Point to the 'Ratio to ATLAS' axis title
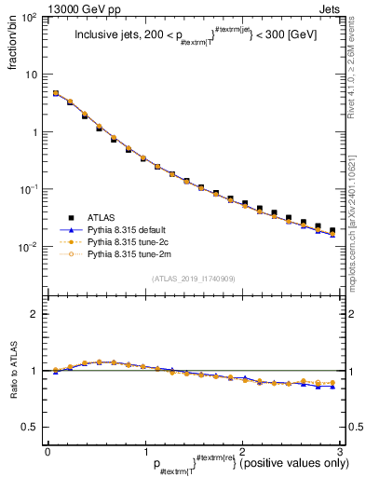click(x=17, y=374)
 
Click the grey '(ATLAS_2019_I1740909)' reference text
click(x=192, y=279)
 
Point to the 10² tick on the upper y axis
click(x=30, y=17)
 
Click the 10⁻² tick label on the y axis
click(x=30, y=247)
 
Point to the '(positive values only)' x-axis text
click(x=294, y=463)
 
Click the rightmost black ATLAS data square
click(x=332, y=230)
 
